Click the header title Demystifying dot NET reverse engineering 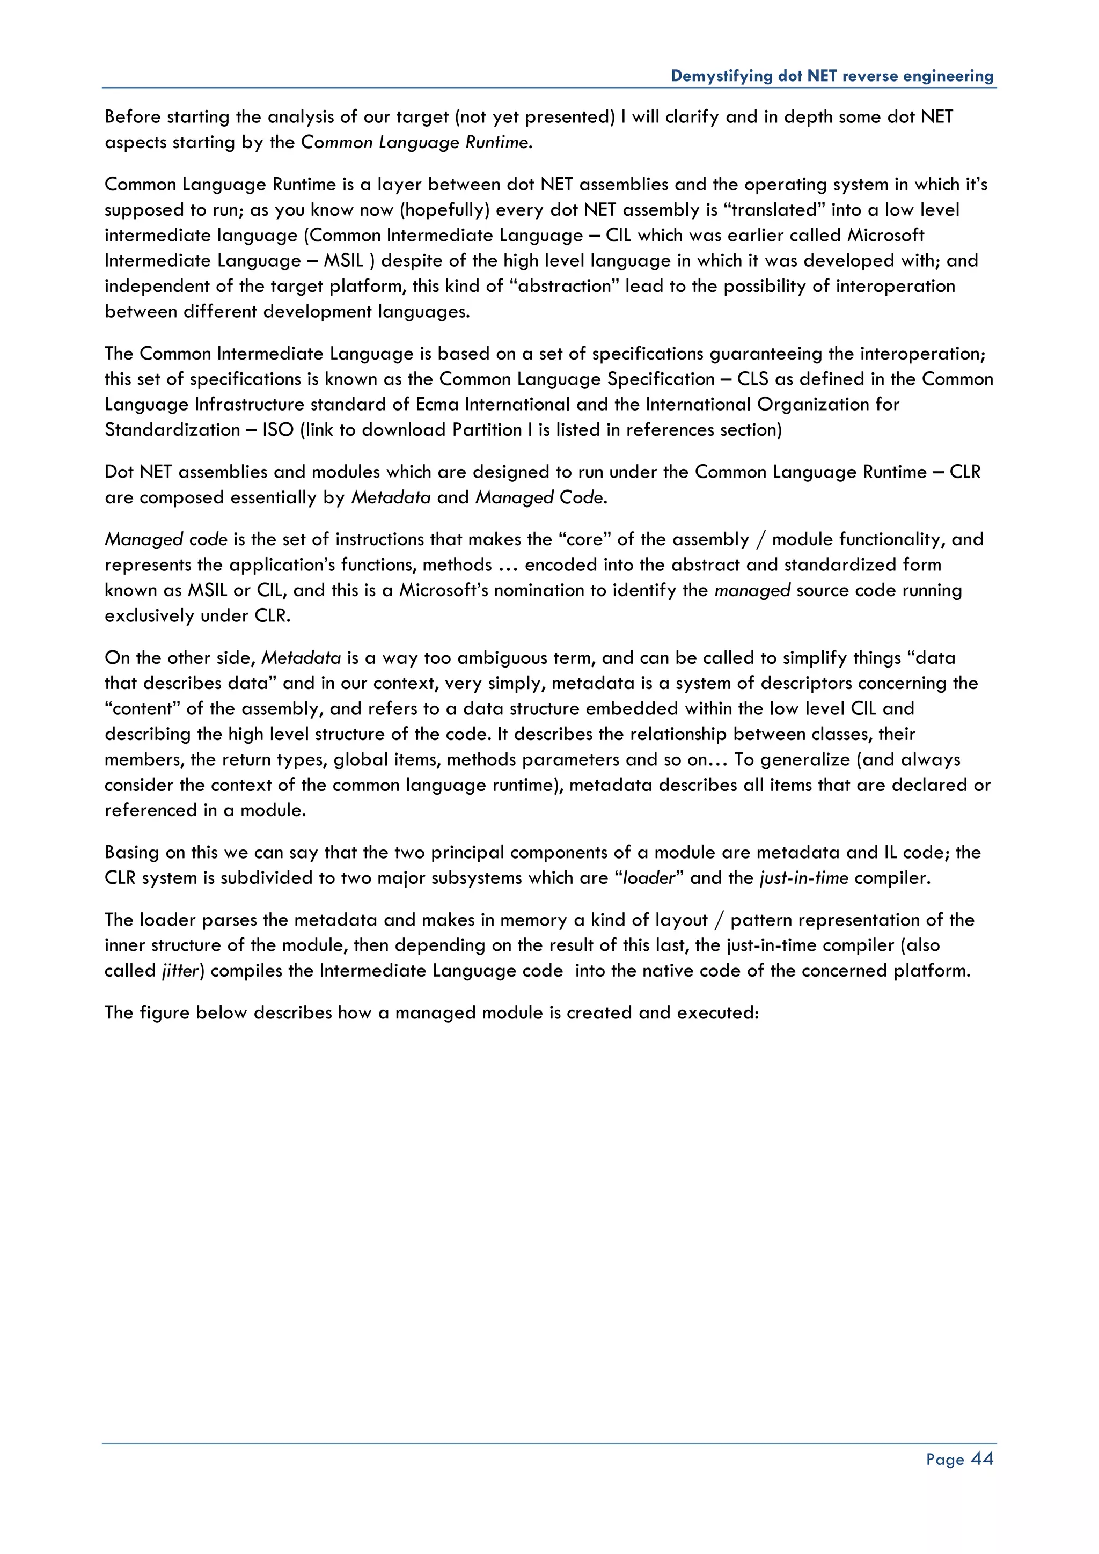pyautogui.click(x=832, y=76)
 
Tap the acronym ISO pyautogui.click(x=278, y=430)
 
